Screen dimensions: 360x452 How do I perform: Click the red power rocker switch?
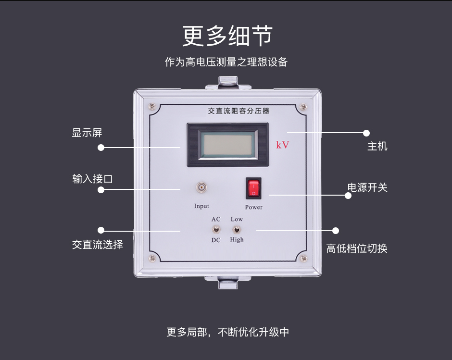tap(253, 188)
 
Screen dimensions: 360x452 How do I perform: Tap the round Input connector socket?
tap(201, 187)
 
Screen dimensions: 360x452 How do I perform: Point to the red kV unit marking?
tap(283, 145)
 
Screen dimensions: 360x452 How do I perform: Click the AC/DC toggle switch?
tap(216, 229)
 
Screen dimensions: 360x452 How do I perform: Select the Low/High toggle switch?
tap(237, 229)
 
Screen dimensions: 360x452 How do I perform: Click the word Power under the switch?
tap(254, 207)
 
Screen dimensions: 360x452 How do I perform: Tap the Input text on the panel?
tap(201, 206)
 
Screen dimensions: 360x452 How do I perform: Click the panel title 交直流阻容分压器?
tap(239, 111)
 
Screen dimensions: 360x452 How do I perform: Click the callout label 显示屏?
tap(87, 133)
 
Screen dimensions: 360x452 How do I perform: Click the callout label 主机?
tap(377, 146)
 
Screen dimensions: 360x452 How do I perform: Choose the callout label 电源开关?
tap(367, 187)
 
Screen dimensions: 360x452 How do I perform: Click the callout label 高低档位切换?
tap(357, 248)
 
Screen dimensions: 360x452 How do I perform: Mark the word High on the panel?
tap(237, 239)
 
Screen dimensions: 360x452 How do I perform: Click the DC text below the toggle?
tap(216, 240)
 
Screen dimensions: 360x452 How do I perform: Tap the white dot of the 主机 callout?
tap(366, 133)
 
